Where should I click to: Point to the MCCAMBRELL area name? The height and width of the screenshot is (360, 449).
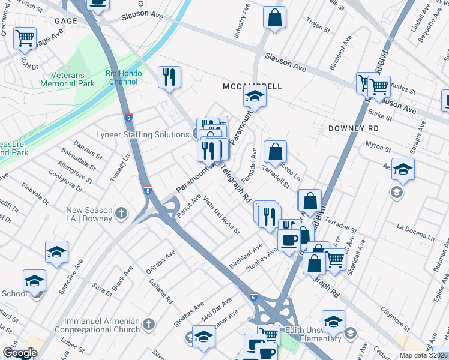point(252,86)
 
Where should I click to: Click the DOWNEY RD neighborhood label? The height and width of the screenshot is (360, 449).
point(354,128)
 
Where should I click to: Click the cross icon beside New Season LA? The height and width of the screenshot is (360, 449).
point(121,214)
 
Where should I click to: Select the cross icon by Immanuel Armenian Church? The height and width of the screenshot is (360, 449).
point(149,325)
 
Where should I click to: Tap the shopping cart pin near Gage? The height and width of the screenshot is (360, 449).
point(25,39)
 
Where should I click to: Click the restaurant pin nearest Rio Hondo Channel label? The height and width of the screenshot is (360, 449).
point(169,77)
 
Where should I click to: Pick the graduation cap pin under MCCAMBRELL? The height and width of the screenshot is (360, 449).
point(255,97)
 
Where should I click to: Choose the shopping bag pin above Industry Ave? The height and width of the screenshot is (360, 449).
point(274,18)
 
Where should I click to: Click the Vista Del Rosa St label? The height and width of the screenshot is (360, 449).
point(221,215)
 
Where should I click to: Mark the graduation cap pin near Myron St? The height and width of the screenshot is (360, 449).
point(403,170)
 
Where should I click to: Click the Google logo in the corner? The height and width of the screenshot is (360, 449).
point(20,353)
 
